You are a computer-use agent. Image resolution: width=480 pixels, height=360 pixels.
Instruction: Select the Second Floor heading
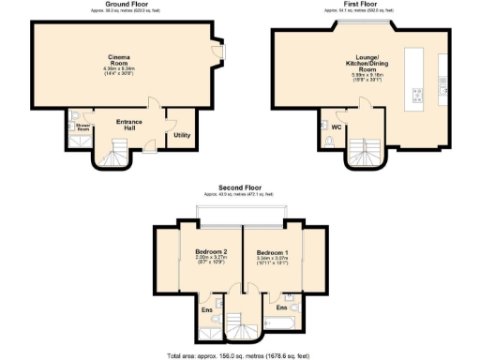(x=241, y=187)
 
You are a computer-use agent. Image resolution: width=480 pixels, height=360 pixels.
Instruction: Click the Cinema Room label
(x=118, y=61)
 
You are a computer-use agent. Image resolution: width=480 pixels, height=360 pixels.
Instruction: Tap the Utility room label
(x=181, y=135)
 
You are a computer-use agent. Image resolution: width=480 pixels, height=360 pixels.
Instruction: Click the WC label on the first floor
(x=336, y=127)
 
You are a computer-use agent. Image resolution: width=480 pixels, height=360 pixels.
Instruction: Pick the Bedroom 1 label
(x=273, y=253)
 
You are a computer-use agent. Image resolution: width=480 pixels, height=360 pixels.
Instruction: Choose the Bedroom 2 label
(x=211, y=253)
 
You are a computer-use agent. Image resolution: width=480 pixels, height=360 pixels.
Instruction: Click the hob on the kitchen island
(x=417, y=92)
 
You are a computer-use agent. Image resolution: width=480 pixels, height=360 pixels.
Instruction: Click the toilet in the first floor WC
(x=329, y=142)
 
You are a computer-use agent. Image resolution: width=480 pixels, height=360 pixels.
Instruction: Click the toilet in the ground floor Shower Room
(x=72, y=141)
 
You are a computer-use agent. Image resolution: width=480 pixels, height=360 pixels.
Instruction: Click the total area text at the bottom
(x=241, y=354)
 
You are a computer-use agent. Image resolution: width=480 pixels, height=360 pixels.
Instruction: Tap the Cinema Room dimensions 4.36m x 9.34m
(x=118, y=70)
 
